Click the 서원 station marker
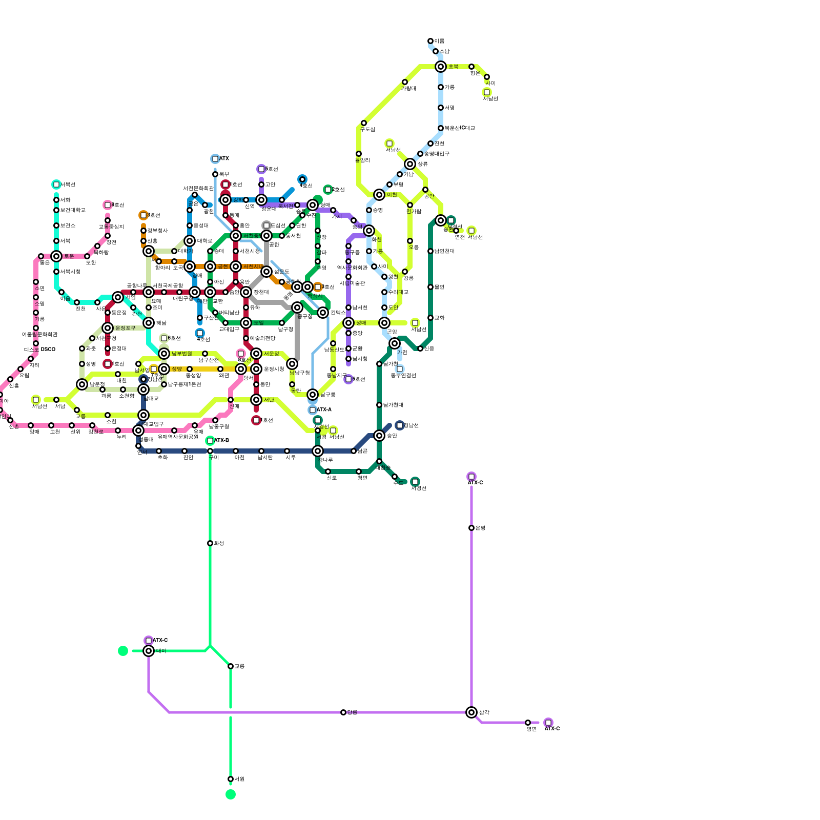[x=231, y=779]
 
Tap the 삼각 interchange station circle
[x=471, y=712]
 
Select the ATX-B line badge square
[x=210, y=441]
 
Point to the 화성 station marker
[x=210, y=543]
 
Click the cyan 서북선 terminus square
[x=56, y=184]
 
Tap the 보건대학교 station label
[x=73, y=210]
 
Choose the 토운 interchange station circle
[x=56, y=256]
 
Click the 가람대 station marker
[x=405, y=82]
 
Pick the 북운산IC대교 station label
[x=460, y=128]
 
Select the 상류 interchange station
[x=410, y=164]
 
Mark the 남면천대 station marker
[x=430, y=251]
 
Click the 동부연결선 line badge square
[x=400, y=369]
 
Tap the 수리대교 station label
[x=398, y=292]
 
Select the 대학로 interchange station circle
[x=190, y=241]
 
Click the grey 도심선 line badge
[x=266, y=225]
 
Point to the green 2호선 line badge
[x=328, y=190]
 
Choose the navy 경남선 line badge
[x=400, y=425]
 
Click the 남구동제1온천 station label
[x=184, y=384]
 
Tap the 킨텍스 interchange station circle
[x=323, y=313]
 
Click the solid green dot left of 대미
[x=123, y=651]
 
